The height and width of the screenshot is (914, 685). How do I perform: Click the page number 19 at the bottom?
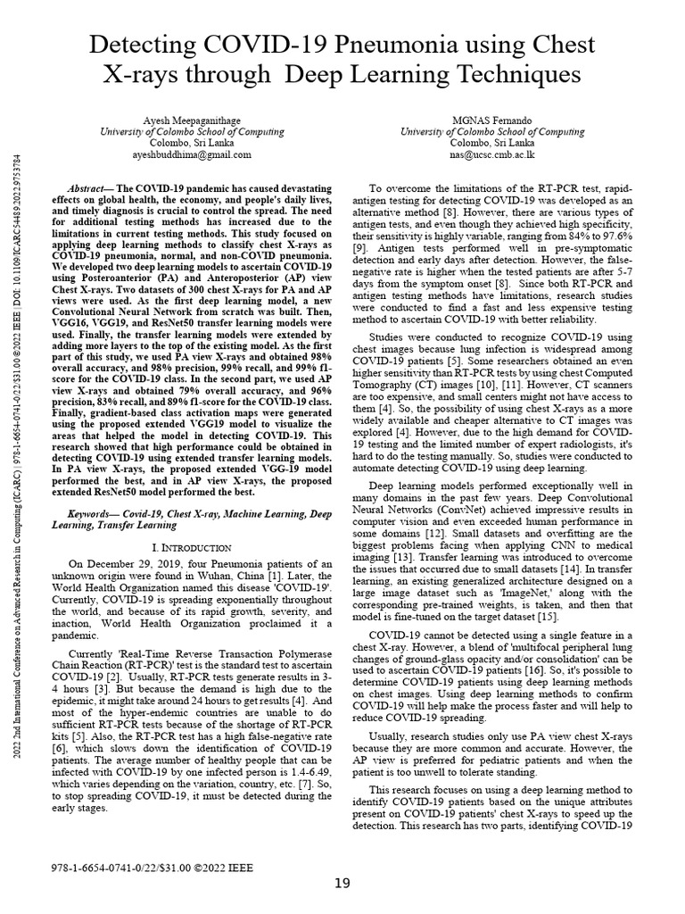tap(342, 884)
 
